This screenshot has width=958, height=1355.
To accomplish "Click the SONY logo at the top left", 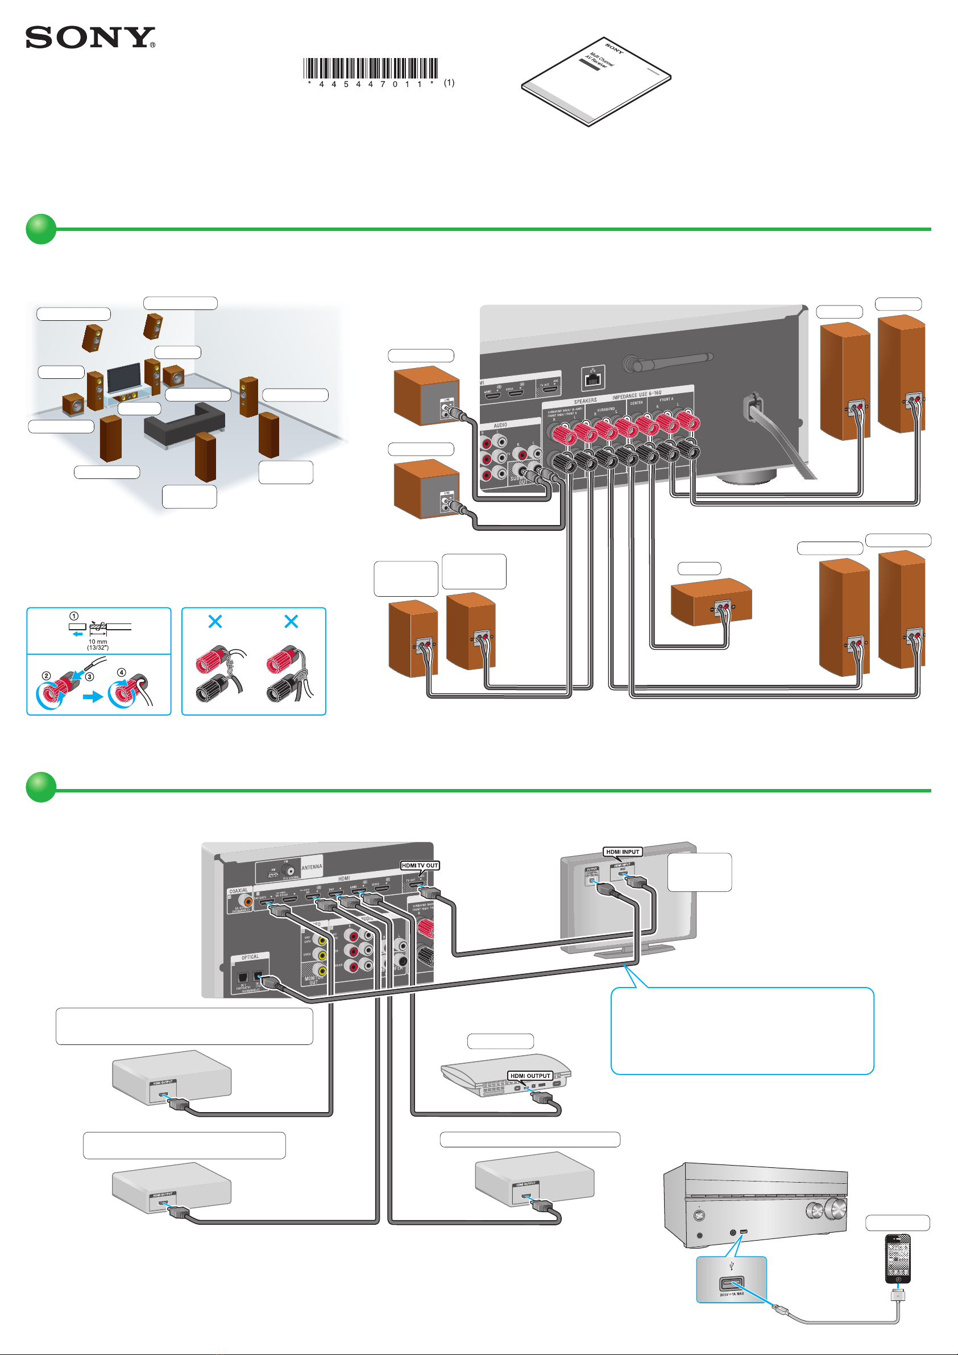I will coord(90,37).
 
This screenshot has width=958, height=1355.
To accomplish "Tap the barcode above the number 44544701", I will coord(371,68).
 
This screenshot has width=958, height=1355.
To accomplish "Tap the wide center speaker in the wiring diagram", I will coord(711,602).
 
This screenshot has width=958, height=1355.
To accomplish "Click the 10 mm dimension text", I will coord(98,642).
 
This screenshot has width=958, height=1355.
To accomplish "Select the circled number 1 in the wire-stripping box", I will coord(74,616).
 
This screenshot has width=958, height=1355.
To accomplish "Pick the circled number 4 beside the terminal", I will coord(122,672).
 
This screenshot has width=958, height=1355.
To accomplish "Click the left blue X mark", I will coord(215,621).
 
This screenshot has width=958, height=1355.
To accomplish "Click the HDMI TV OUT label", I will coord(420,865).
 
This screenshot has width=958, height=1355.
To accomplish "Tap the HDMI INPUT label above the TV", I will coord(623,852).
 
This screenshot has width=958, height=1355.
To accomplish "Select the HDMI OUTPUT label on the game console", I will coord(530,1076).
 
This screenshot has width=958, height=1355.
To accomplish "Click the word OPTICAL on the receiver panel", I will coord(250,957).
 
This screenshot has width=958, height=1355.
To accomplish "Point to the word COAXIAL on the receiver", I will coord(238,891).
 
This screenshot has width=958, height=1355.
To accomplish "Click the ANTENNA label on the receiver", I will coord(312,867).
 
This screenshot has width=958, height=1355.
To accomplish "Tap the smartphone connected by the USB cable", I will coord(897,1259).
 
